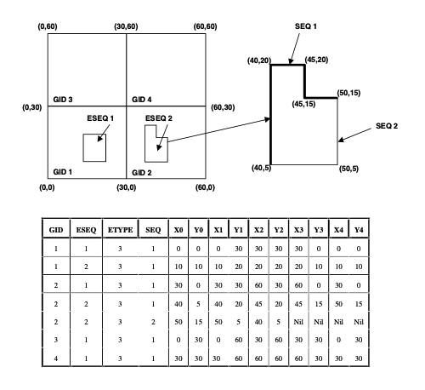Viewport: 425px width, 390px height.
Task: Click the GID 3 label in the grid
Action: pyautogui.click(x=63, y=100)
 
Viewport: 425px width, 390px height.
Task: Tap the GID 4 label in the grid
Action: pyautogui.click(x=142, y=100)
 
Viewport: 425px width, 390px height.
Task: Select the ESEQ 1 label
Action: pyautogui.click(x=100, y=118)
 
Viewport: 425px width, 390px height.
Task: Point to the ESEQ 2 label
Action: pyautogui.click(x=159, y=118)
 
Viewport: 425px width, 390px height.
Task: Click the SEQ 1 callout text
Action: pyautogui.click(x=306, y=26)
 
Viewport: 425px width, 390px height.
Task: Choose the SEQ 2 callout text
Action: pyautogui.click(x=387, y=126)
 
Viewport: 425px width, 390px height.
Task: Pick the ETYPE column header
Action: pyautogui.click(x=120, y=230)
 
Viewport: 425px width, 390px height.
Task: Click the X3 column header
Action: pyautogui.click(x=298, y=230)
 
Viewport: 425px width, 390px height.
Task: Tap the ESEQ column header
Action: pyautogui.click(x=86, y=230)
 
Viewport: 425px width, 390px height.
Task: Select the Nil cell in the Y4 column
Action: pyautogui.click(x=359, y=322)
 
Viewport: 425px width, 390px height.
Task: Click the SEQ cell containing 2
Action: pyautogui.click(x=153, y=322)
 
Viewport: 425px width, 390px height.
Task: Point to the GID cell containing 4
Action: pyautogui.click(x=56, y=358)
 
